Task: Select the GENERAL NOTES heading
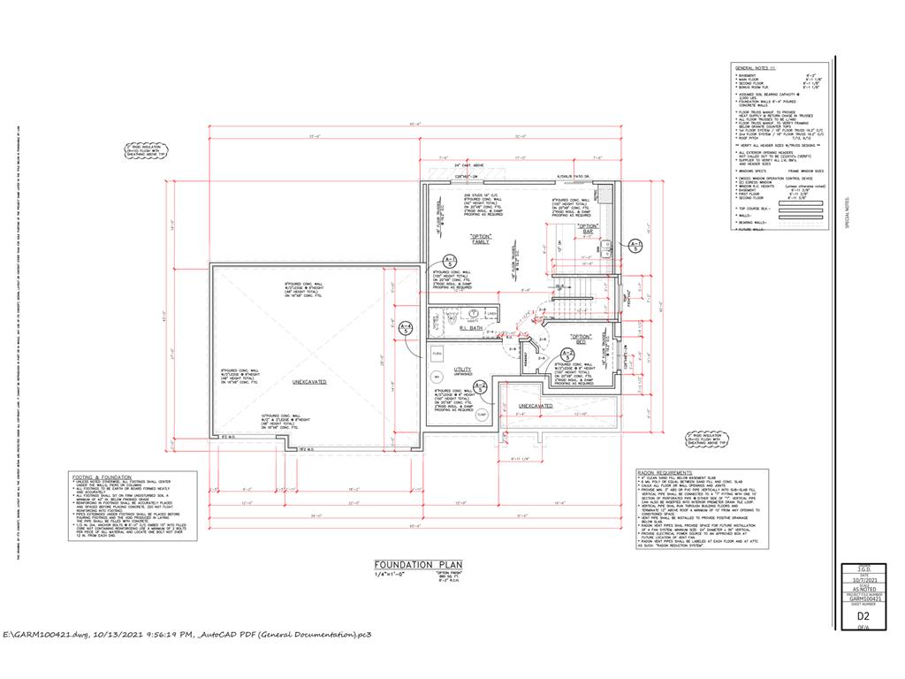click(x=754, y=67)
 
